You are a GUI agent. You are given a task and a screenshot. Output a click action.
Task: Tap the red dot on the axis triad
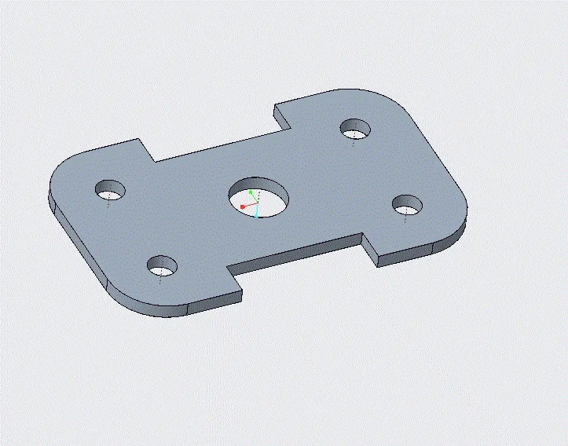coord(243,207)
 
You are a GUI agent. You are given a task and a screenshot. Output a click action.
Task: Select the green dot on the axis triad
coord(251,192)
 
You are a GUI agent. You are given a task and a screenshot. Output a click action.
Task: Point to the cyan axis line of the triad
coord(256,211)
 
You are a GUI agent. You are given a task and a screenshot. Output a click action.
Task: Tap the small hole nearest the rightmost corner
coord(408,206)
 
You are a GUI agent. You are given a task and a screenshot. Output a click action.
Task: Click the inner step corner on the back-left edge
coord(155,161)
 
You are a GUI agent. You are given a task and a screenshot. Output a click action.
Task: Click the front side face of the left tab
coord(212,300)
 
